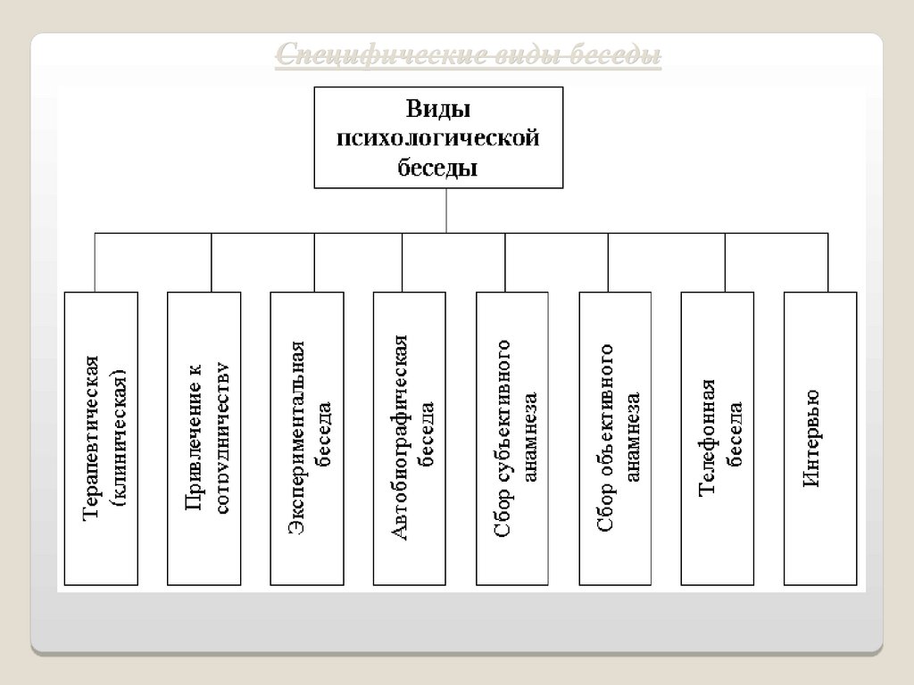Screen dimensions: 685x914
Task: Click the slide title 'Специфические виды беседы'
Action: point(468,56)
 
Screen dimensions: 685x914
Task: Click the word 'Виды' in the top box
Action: point(438,109)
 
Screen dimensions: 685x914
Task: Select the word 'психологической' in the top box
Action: point(438,138)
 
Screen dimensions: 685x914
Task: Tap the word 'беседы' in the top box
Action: point(437,167)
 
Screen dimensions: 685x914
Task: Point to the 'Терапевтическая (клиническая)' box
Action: point(102,438)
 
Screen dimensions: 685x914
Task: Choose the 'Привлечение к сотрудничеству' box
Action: point(204,438)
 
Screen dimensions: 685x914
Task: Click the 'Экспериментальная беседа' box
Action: point(306,438)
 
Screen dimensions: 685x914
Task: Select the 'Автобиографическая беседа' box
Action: point(409,438)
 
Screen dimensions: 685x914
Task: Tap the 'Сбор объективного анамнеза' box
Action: point(615,438)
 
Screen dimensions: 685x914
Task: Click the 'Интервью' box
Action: point(819,438)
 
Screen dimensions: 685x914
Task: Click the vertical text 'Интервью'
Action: point(810,438)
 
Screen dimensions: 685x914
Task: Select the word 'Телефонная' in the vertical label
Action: point(706,438)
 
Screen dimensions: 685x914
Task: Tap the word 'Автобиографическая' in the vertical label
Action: point(399,438)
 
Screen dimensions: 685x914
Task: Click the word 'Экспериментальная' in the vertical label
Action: point(297,438)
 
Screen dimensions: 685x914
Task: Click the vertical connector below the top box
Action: point(445,210)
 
